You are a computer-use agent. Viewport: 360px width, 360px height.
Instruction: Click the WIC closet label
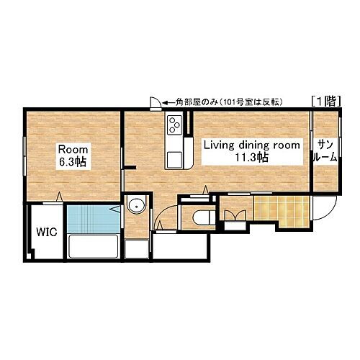[x=47, y=232]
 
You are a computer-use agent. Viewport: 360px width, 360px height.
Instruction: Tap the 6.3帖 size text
[x=73, y=162]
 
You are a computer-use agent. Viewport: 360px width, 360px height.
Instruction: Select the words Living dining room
[x=252, y=145]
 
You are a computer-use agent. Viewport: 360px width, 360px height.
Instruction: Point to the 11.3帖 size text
[x=251, y=158]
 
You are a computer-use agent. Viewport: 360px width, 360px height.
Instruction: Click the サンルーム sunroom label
[x=325, y=151]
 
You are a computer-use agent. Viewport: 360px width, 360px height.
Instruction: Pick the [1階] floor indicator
[x=326, y=101]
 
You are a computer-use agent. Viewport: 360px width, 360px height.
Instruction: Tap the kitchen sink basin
[x=174, y=160]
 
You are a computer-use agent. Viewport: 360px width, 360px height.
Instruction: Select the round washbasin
[x=136, y=206]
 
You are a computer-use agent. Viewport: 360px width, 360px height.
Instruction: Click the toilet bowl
[x=204, y=217]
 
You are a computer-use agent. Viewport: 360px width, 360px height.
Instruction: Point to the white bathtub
[x=93, y=246]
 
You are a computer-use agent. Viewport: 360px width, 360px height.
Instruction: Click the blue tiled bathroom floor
[x=94, y=219]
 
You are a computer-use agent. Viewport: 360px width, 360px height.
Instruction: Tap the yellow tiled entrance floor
[x=282, y=210]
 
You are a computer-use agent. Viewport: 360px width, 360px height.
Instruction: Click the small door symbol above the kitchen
[x=156, y=104]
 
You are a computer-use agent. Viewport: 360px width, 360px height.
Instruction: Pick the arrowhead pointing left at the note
[x=165, y=103]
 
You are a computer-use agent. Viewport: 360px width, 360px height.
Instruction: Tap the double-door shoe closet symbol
[x=235, y=215]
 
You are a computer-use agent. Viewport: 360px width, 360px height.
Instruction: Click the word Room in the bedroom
[x=73, y=150]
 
